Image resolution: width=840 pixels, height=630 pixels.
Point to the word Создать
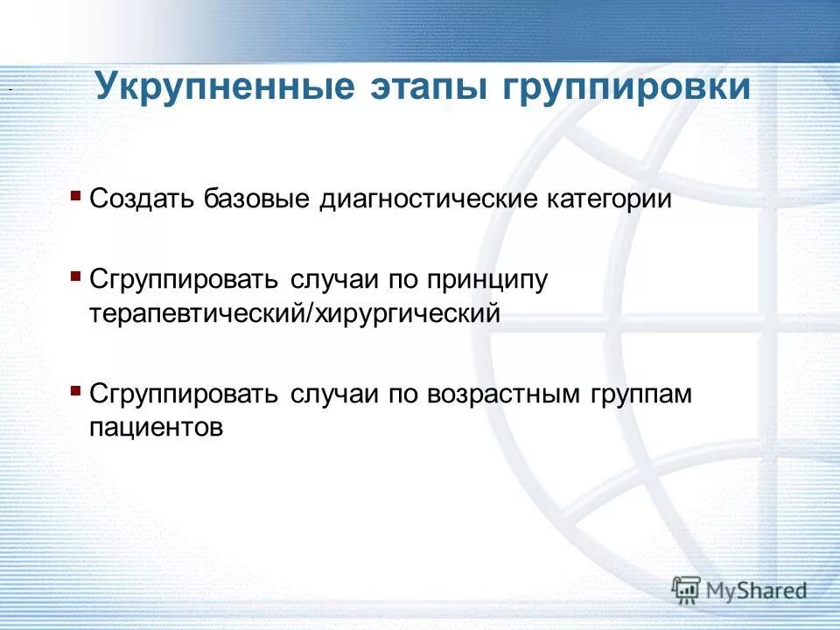[x=143, y=199]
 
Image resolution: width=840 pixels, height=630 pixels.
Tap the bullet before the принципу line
[x=76, y=275]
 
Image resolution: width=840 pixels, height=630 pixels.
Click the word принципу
[x=487, y=282]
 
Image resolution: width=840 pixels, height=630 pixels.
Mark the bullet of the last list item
[x=76, y=388]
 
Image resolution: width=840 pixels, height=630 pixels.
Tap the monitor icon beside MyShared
[x=687, y=591]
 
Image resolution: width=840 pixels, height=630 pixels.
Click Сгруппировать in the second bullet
[x=184, y=281]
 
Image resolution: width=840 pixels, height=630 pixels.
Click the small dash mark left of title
[x=9, y=91]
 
